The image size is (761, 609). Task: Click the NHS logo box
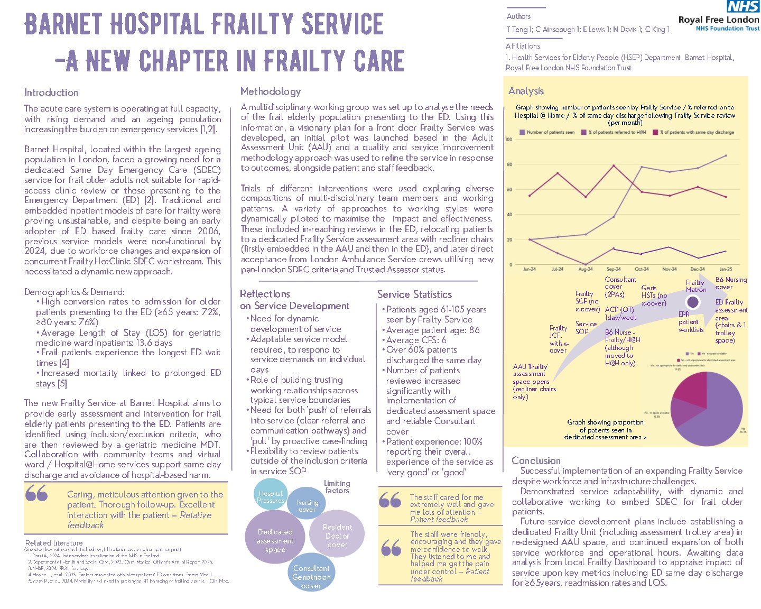(744, 6)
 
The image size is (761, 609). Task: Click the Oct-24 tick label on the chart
(642, 269)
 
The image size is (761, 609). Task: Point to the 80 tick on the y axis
(509, 164)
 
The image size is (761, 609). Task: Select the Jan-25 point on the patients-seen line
(726, 155)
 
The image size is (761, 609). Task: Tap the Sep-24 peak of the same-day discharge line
(614, 165)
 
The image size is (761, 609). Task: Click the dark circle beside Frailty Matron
(692, 302)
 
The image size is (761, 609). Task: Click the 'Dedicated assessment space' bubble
(275, 540)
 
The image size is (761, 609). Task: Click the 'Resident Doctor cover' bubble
(337, 535)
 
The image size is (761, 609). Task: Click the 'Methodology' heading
(270, 91)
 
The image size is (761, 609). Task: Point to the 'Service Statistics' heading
(414, 294)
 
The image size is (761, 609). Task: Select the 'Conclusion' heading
(536, 460)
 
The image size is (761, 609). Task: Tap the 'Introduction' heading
(51, 93)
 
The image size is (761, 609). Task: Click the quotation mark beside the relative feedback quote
(36, 495)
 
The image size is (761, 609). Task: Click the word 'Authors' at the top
(518, 16)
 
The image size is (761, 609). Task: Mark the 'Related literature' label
(54, 543)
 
